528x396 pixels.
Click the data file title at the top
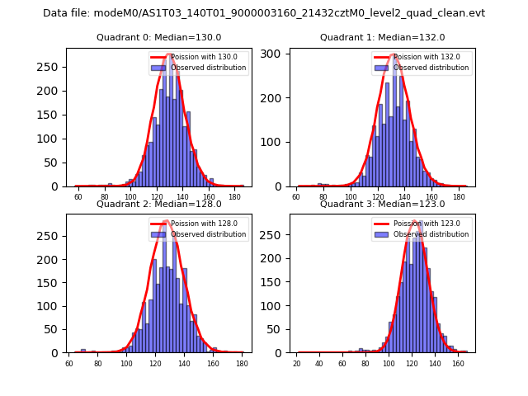pos(264,13)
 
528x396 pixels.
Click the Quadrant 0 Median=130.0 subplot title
pos(158,38)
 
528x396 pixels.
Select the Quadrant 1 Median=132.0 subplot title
pos(382,38)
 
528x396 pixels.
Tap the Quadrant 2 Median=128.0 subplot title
pos(158,205)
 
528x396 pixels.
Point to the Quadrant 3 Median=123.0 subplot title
pos(382,205)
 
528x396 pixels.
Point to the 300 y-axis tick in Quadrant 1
pos(277,54)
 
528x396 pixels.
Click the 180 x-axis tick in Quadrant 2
pos(242,363)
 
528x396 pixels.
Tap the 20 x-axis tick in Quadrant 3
pos(297,363)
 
